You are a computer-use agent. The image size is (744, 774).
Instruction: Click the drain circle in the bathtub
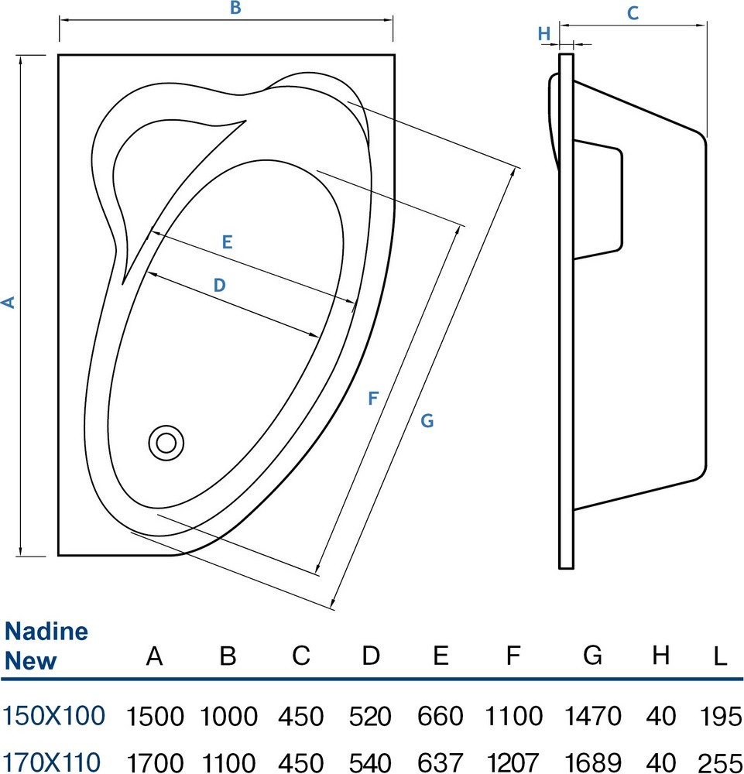coord(166,443)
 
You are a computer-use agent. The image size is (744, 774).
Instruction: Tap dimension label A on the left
coord(9,303)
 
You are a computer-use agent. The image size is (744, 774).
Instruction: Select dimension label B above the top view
coord(236,9)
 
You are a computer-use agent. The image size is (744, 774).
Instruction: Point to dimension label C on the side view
coord(633,13)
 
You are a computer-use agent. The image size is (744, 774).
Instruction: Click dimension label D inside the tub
coord(220,286)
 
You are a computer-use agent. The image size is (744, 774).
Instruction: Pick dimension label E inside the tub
coord(227,241)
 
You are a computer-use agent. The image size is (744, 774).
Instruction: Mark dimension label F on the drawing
coord(373,399)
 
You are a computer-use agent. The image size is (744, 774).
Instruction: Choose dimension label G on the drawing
coord(427,421)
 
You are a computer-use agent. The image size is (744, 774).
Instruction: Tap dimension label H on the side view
coord(543,33)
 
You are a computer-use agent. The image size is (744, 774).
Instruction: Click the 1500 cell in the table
coord(155,716)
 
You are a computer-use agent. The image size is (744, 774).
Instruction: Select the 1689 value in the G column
coord(592,762)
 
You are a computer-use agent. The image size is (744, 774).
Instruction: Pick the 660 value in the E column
coord(441,716)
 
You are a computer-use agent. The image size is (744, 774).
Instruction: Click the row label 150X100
coord(53,716)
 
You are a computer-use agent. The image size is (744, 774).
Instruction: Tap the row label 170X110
coord(53,762)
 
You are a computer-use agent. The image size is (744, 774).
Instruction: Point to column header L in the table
coord(721,657)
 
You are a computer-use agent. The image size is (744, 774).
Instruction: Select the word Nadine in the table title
coord(46,632)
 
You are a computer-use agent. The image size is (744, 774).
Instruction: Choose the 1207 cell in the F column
coord(512,762)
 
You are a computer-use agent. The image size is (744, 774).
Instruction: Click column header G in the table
coord(592,657)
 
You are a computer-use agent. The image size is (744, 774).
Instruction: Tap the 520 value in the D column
coord(370,716)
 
